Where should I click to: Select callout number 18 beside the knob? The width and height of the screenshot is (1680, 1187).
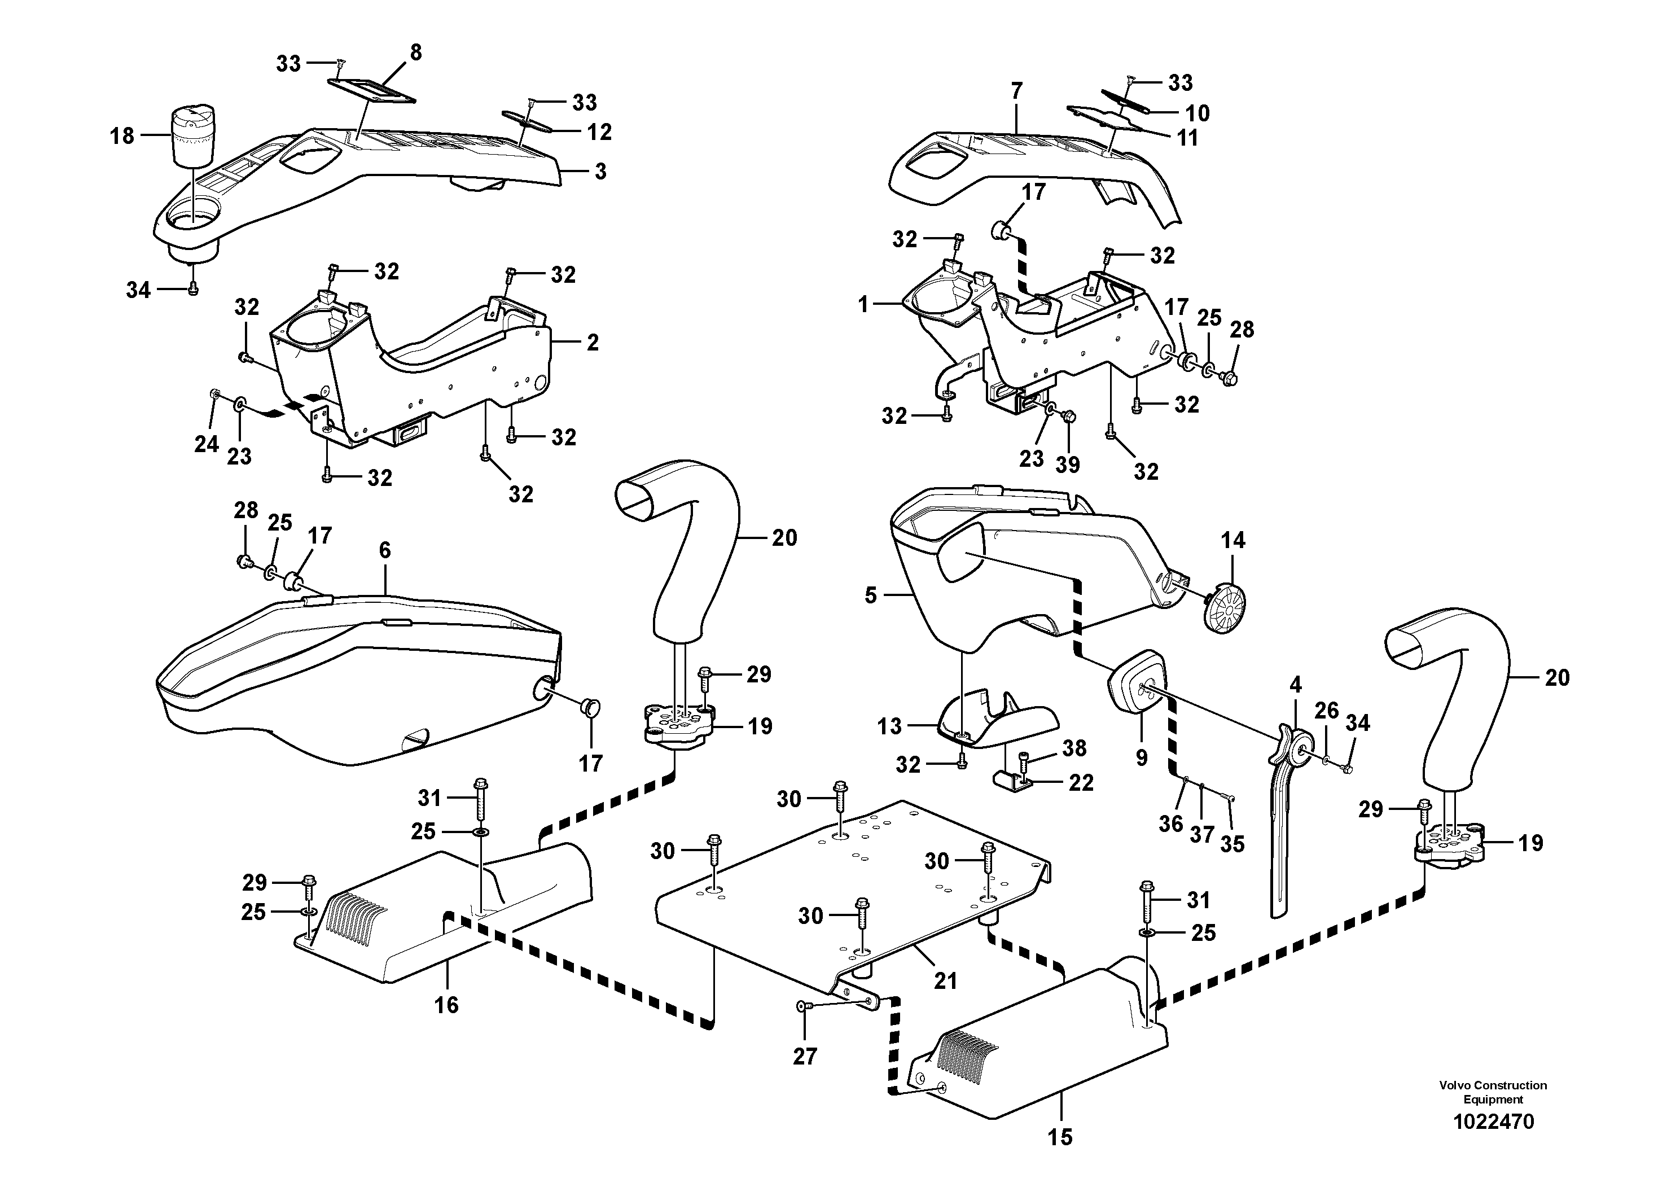[122, 135]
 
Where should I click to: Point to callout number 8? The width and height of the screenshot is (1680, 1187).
[415, 52]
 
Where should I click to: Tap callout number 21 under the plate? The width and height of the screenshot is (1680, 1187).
[945, 980]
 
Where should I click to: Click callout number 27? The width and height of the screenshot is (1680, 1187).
[805, 1056]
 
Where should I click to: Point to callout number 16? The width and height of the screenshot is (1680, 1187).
[446, 1005]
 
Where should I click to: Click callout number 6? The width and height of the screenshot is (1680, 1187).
[385, 550]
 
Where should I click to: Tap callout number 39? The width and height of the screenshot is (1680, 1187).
[1068, 464]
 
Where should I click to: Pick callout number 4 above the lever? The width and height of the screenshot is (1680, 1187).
[1295, 685]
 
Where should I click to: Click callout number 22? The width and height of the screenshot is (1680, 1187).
[1081, 782]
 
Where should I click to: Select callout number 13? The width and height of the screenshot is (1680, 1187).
[890, 726]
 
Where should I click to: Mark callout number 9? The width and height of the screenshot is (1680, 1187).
[1142, 757]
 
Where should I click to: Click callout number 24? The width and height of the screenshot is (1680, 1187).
[207, 444]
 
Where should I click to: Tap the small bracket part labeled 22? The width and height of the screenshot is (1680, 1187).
[1012, 779]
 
